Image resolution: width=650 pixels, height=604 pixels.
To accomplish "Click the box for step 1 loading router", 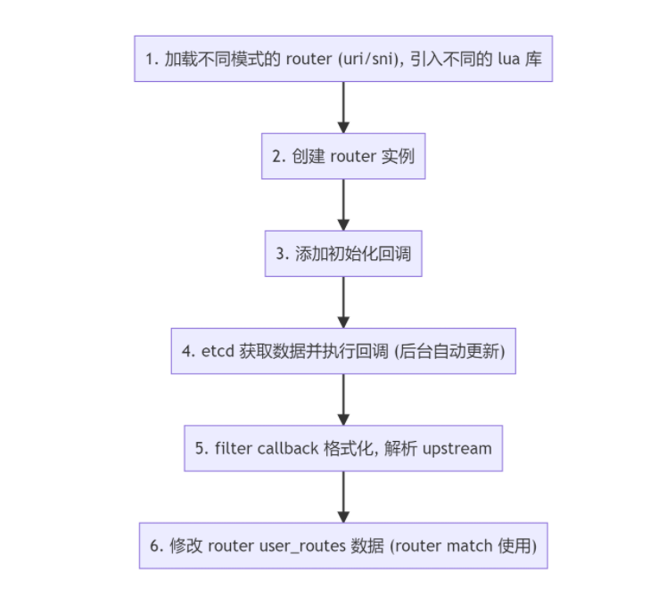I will [343, 59].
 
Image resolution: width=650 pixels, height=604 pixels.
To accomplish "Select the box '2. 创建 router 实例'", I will [343, 156].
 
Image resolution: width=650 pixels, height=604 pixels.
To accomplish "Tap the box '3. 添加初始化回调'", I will [343, 253].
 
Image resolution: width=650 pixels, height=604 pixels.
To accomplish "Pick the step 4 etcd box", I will [343, 350].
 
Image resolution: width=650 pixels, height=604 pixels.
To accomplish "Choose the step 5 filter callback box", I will [343, 448].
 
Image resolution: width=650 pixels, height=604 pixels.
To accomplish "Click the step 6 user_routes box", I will [343, 545].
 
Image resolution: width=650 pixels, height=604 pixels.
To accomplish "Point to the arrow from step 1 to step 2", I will [343, 107].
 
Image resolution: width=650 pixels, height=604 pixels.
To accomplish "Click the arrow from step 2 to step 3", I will [343, 204].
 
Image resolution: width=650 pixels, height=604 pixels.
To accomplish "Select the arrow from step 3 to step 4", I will [343, 301].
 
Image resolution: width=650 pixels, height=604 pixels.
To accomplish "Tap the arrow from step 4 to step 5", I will [343, 399].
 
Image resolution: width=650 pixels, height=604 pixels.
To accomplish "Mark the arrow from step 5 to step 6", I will [343, 496].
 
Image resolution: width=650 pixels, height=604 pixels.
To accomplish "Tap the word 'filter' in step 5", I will [234, 448].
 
